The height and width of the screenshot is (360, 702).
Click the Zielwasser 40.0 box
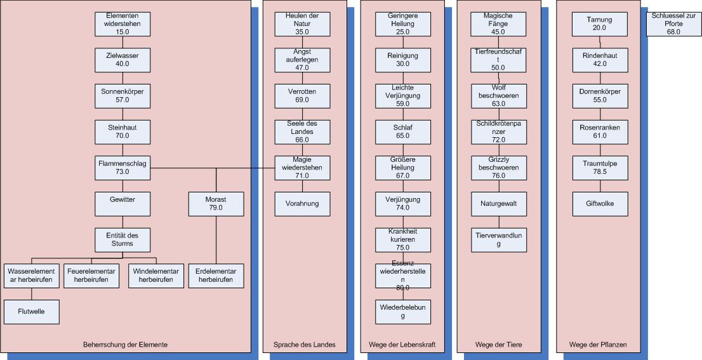point(123,59)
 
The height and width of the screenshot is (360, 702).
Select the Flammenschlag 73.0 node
point(123,168)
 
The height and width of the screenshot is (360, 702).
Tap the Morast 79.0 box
point(216,204)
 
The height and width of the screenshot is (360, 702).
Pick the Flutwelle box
point(32,312)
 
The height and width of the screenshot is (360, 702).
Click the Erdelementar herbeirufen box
point(216,276)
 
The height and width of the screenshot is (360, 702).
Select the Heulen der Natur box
point(301,23)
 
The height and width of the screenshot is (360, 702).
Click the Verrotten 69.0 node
point(301,95)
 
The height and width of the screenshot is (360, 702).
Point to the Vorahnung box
point(301,204)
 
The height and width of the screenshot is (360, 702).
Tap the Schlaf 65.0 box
point(402,131)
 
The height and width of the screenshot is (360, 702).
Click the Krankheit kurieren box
point(402,239)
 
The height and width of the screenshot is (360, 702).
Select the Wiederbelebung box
point(402,312)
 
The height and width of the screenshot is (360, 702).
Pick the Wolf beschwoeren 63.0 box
point(498,95)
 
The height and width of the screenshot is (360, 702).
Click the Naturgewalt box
point(498,204)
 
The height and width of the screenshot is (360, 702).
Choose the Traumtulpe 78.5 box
point(599,168)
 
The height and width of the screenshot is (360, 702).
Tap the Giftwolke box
point(599,204)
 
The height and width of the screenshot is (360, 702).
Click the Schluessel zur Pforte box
point(673,23)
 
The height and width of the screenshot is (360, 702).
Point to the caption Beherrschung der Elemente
point(125,345)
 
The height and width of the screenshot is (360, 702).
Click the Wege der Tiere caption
point(498,345)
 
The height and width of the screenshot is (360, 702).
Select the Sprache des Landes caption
point(304,345)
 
